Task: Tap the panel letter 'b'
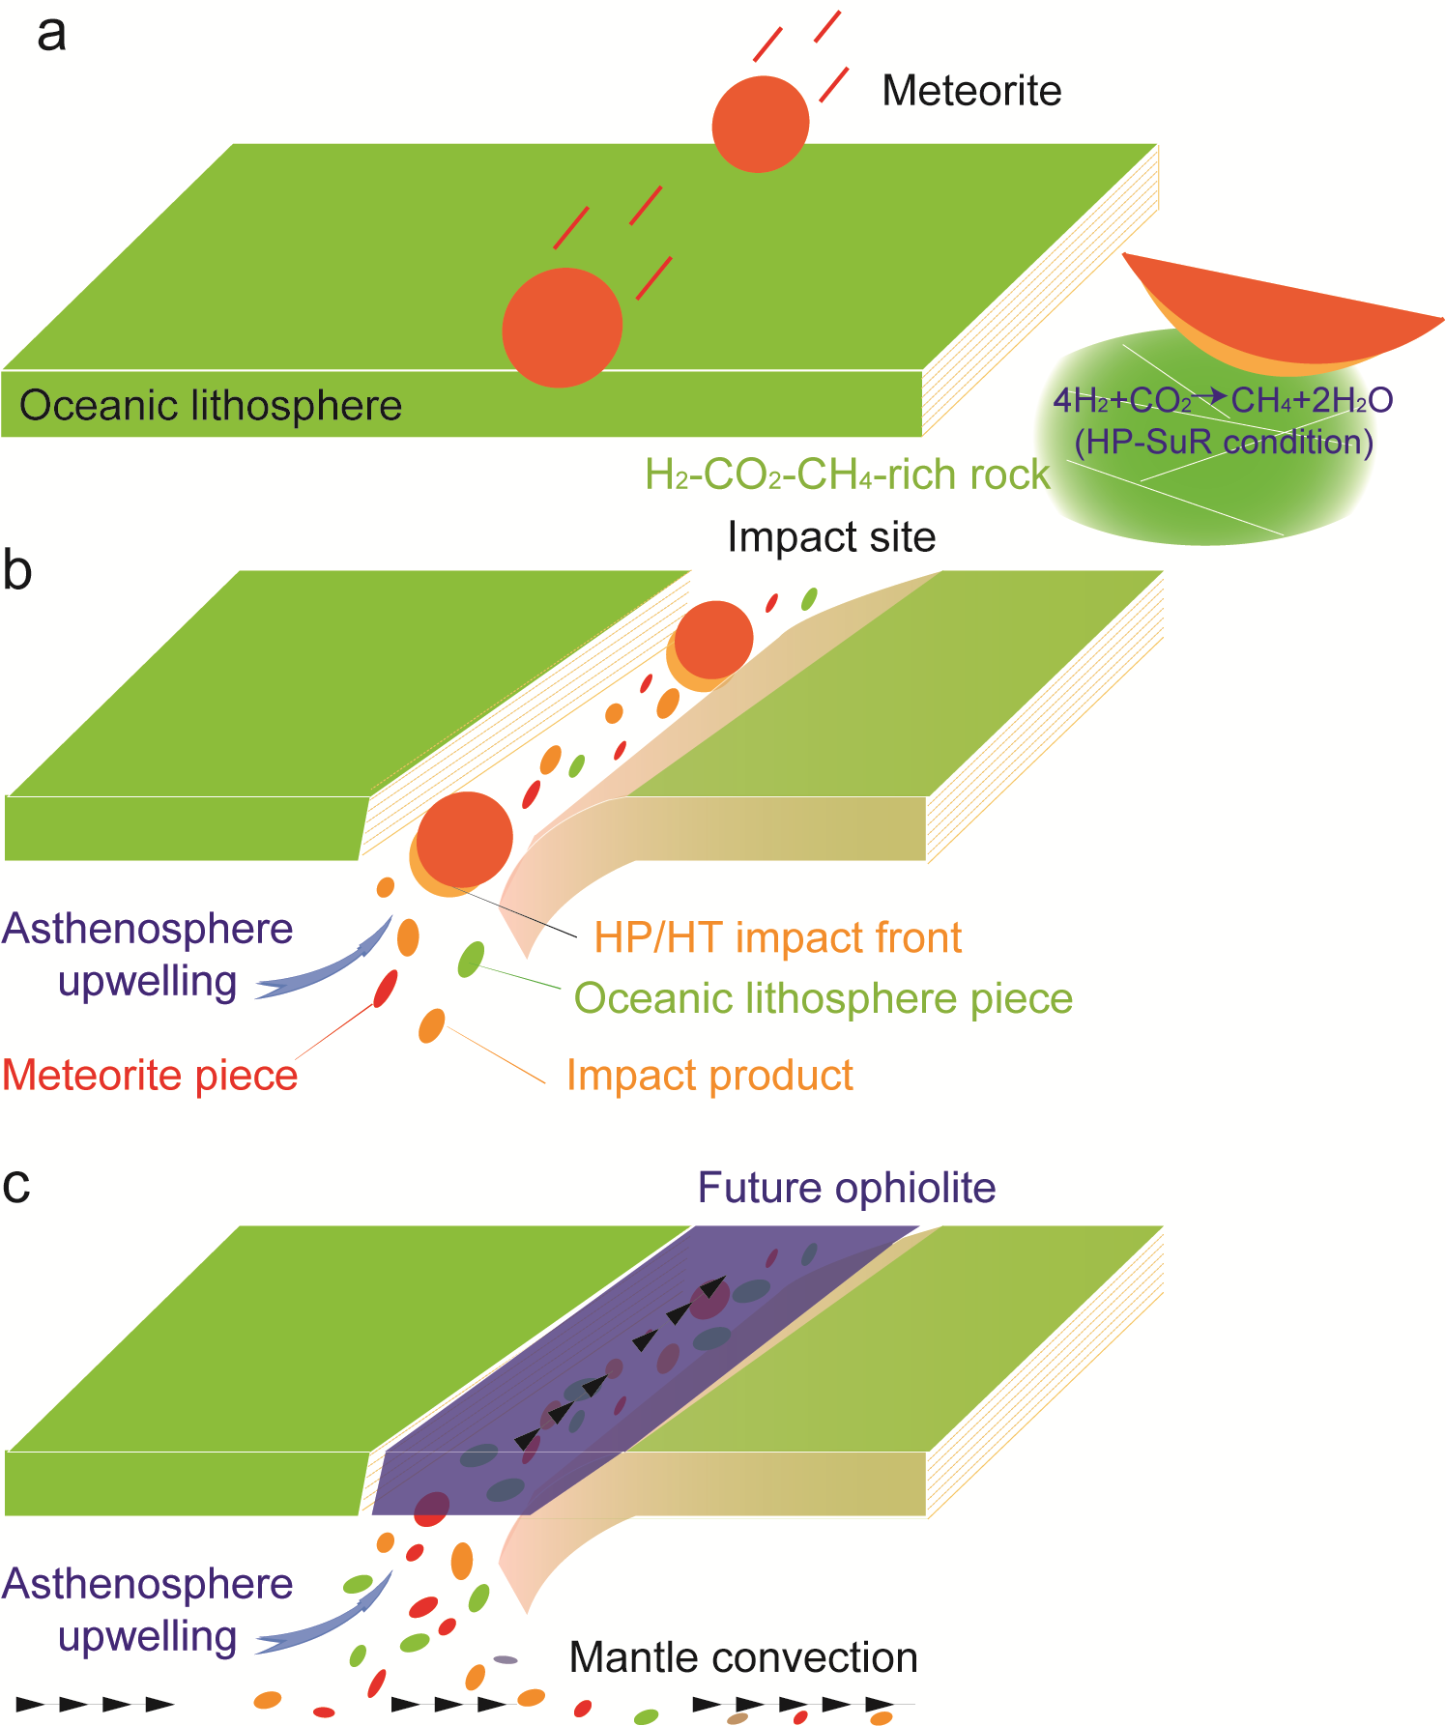17,570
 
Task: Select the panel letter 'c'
16,1186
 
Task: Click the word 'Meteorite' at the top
971,91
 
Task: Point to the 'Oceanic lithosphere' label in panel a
210,405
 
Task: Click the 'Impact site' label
831,536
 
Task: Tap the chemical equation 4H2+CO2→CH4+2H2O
1223,399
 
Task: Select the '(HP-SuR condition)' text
1223,442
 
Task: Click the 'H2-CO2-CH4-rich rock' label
847,475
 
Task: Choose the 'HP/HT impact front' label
777,937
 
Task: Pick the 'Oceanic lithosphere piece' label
823,998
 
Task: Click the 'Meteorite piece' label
150,1076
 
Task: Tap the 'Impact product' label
709,1076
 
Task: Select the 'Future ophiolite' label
847,1188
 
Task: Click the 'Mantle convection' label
743,1657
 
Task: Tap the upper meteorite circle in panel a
760,125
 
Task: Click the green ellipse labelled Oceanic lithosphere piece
471,959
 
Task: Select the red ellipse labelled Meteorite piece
386,988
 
